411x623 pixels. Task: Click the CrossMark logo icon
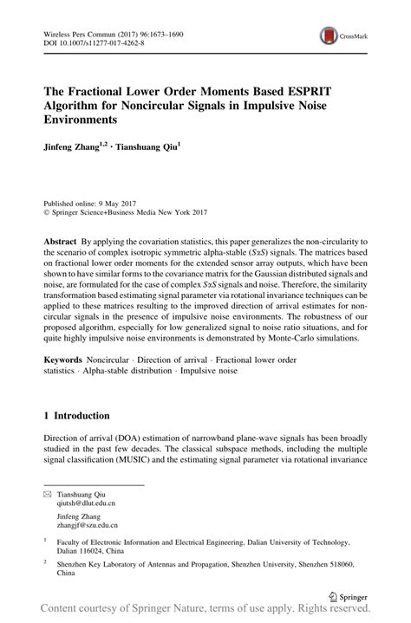click(x=329, y=35)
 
